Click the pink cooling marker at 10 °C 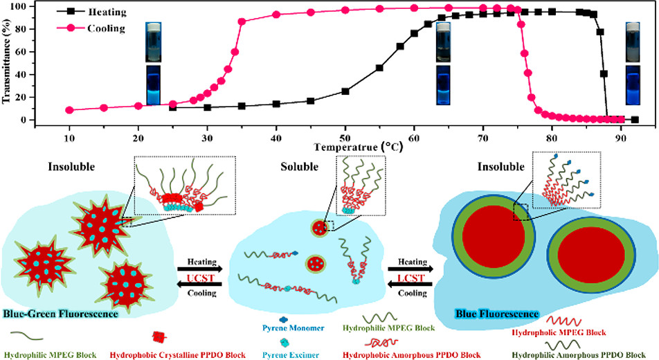(x=69, y=110)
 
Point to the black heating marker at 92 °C (x=635, y=119)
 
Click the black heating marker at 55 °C (x=379, y=68)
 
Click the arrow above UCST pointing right (x=199, y=268)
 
